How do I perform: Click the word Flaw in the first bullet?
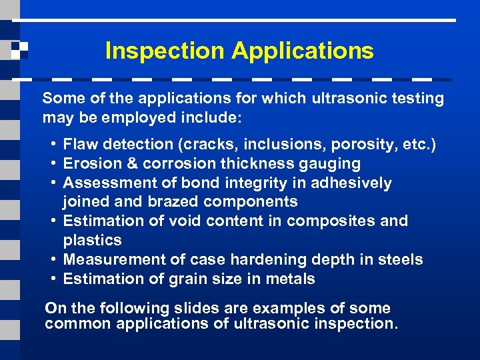[x=80, y=144]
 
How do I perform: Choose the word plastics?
[x=92, y=240]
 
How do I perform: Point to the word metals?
[x=291, y=279]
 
